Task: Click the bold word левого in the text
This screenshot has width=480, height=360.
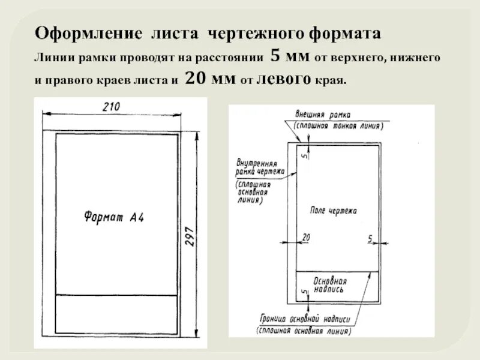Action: pyautogui.click(x=283, y=79)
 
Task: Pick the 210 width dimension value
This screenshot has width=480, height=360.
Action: pyautogui.click(x=112, y=107)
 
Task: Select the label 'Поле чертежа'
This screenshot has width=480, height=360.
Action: pyautogui.click(x=334, y=211)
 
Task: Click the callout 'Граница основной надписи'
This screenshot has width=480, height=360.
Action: pyautogui.click(x=305, y=319)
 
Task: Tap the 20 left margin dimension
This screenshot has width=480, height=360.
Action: pyautogui.click(x=305, y=238)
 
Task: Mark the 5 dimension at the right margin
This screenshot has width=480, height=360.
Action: pyautogui.click(x=370, y=238)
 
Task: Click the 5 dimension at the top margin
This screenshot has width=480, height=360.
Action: pyautogui.click(x=304, y=155)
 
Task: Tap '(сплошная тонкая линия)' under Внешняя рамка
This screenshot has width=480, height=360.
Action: pyautogui.click(x=338, y=125)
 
